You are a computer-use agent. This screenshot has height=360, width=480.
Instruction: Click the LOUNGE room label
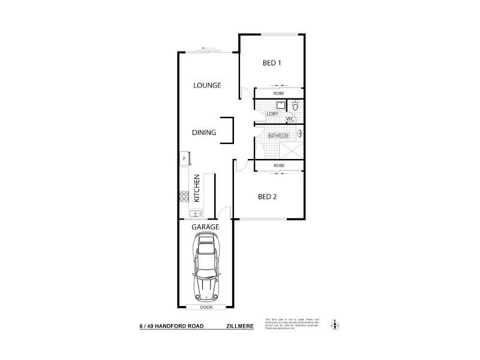coord(207,85)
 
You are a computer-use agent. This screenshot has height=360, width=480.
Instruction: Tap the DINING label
coord(204,133)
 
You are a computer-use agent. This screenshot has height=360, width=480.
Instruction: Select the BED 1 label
coord(272,63)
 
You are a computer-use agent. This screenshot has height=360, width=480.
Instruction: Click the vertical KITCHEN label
coord(196,188)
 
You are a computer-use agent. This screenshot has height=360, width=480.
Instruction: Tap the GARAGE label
coord(205,227)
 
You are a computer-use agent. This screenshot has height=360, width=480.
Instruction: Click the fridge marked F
coord(184,158)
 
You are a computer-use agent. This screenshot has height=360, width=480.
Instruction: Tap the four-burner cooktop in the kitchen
coord(184,195)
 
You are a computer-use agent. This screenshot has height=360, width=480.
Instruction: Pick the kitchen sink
coord(195,213)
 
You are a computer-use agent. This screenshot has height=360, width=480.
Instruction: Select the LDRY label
coord(272,113)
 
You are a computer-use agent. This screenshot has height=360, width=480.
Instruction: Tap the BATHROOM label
coord(278,136)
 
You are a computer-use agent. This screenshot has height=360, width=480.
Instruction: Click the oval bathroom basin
coord(301,135)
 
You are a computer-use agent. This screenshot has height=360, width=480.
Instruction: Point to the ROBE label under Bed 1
coord(278,94)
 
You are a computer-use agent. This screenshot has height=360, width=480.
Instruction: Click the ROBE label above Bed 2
coord(278,165)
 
